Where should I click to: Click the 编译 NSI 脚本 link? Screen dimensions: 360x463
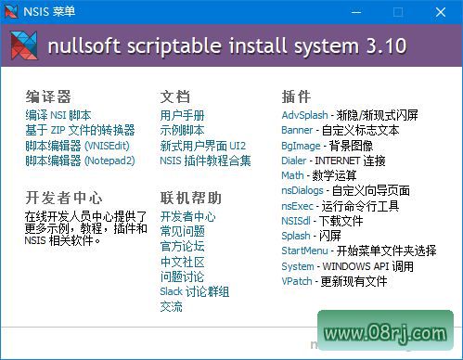59,115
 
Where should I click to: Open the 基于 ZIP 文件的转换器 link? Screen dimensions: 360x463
80,130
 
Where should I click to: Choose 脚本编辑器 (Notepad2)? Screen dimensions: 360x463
80,161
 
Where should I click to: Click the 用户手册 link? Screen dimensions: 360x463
182,115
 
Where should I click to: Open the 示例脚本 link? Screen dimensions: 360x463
182,130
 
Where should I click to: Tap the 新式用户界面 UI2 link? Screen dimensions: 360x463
202,146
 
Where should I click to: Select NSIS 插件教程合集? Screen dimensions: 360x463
205,161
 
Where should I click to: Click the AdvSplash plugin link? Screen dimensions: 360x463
304,115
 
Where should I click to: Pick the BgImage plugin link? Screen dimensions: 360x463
302,146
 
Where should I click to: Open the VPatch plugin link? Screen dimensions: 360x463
297,280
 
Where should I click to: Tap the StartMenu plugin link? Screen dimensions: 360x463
304,251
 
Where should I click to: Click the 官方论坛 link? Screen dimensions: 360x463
182,246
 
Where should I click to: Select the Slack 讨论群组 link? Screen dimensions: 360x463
194,291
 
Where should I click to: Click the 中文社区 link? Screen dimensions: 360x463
182,261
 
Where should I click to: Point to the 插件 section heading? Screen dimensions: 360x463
295,96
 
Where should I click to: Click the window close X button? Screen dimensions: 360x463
440,12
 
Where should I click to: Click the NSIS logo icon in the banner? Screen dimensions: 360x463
24,45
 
